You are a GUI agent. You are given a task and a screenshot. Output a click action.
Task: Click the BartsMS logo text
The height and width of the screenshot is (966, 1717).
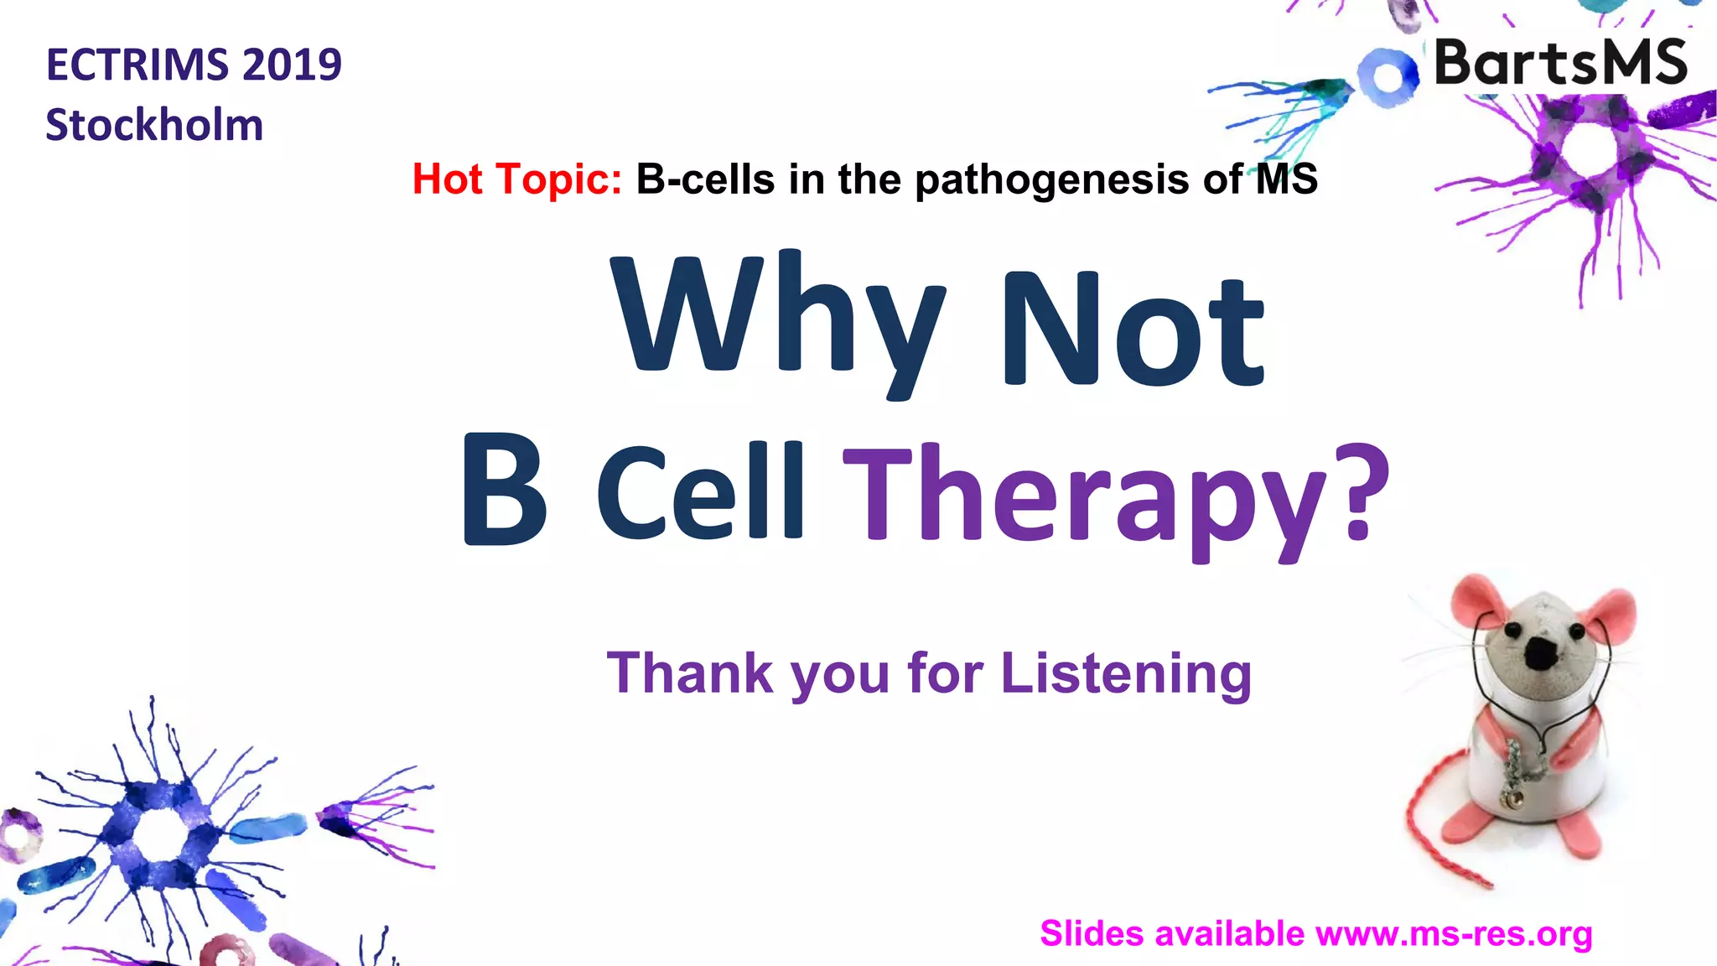tap(1560, 63)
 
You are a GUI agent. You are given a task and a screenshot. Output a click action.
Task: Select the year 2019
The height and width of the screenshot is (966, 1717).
tap(293, 65)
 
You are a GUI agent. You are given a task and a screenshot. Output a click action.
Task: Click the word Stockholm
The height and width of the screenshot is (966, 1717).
tap(154, 126)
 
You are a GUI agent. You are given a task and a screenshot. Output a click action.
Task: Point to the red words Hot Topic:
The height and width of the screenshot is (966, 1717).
tap(516, 179)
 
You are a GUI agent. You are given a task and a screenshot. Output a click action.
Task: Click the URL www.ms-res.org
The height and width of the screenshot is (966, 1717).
tap(1454, 934)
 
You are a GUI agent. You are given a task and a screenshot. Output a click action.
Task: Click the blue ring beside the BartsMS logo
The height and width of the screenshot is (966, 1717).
tap(1388, 76)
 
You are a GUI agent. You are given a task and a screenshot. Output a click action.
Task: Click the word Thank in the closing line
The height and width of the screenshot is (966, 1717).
tap(689, 673)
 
